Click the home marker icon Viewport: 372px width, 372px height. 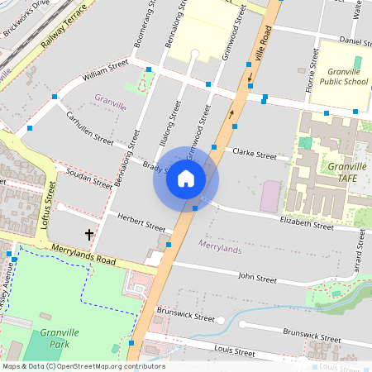(186, 179)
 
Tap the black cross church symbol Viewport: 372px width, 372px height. (89, 235)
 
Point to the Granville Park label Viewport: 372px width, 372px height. (57, 338)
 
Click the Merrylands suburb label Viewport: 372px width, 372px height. (221, 245)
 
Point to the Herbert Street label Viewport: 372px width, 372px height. (141, 222)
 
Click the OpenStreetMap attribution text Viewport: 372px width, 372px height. (83, 366)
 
